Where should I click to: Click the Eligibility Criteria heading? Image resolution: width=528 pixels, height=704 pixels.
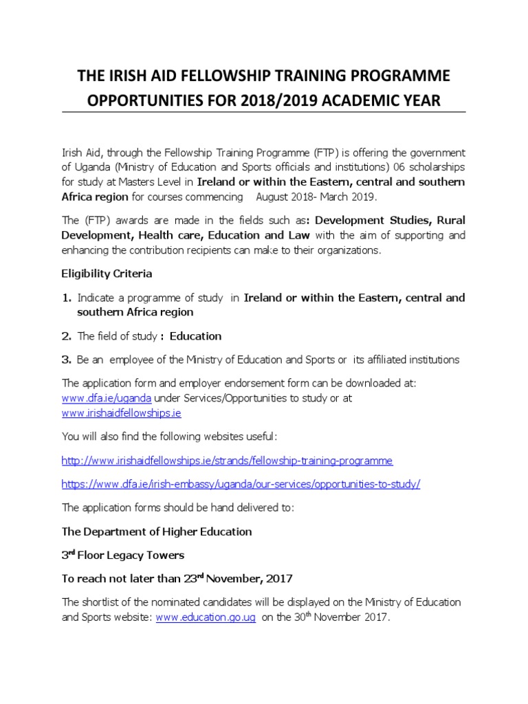click(x=107, y=273)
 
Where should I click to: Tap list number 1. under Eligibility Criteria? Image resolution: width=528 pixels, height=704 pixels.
click(x=67, y=298)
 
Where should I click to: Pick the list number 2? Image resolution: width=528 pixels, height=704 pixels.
click(x=67, y=336)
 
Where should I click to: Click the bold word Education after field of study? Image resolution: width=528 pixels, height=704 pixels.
click(x=195, y=336)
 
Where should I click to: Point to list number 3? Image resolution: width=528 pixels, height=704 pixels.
click(x=67, y=360)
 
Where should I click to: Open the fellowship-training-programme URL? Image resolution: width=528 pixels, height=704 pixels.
click(x=227, y=460)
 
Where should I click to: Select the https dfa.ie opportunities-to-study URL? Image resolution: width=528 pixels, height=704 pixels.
click(x=240, y=484)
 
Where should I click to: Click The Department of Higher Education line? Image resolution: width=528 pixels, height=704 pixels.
click(x=157, y=531)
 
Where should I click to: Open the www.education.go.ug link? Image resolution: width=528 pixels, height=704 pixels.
click(x=206, y=617)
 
